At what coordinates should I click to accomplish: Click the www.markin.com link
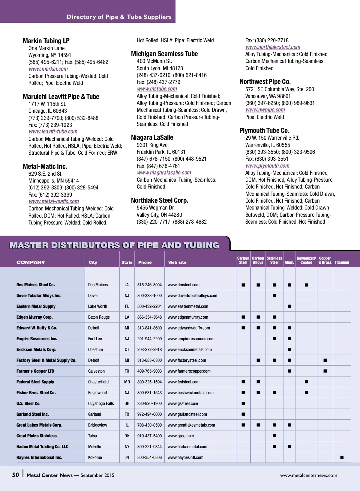[x=48, y=69]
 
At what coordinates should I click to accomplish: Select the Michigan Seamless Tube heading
[x=164, y=54]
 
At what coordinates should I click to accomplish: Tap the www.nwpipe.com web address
[x=265, y=110]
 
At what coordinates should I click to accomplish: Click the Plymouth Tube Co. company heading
[x=264, y=130]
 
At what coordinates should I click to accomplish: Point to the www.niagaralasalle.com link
[x=164, y=173]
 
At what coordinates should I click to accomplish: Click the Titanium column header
[x=342, y=262]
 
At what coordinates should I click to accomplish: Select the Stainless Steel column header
[x=274, y=260]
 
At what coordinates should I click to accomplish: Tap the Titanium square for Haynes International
[x=342, y=457]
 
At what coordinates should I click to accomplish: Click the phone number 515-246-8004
[x=149, y=285]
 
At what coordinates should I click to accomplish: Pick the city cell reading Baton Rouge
[x=99, y=317]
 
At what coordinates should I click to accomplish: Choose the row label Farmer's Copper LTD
[x=35, y=371]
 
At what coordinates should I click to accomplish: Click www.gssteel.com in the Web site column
[x=183, y=403]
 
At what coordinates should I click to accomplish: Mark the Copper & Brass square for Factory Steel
[x=325, y=360]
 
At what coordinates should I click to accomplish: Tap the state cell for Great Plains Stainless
[x=127, y=436]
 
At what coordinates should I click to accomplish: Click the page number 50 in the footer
[x=16, y=475]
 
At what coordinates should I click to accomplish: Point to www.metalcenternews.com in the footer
[x=308, y=475]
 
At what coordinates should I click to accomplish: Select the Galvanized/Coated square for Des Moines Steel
[x=306, y=285]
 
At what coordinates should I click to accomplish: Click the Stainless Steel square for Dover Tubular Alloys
[x=274, y=296]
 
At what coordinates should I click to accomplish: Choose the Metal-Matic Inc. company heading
[x=45, y=166]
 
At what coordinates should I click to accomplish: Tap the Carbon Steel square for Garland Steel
[x=243, y=414]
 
